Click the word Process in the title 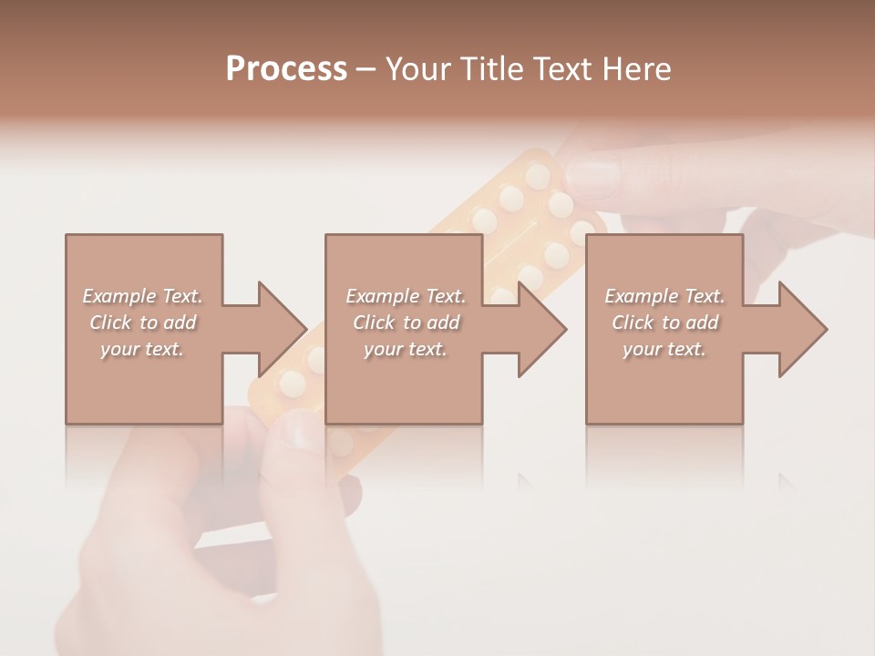click(x=286, y=69)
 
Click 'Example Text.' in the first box click(x=142, y=296)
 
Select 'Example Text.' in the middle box click(x=406, y=296)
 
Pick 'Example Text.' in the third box click(x=664, y=296)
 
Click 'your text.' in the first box click(x=142, y=349)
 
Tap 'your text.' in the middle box click(x=406, y=349)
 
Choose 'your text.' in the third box click(x=664, y=349)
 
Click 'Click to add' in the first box click(x=142, y=323)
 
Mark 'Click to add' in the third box click(x=664, y=323)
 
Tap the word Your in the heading click(x=416, y=69)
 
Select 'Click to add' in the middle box click(x=406, y=323)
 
